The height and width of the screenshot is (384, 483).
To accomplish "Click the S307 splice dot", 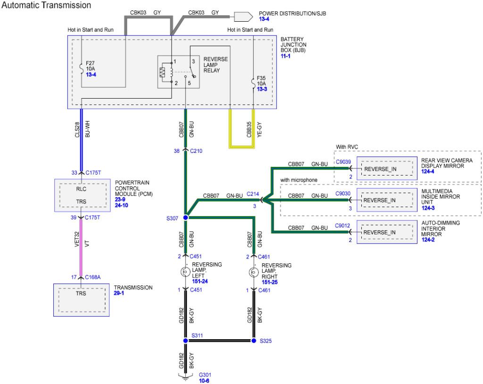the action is click(x=185, y=217).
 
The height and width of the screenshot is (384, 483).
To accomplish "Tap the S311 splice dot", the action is click(x=185, y=341).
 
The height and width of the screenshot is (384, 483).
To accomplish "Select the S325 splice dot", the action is click(x=254, y=341).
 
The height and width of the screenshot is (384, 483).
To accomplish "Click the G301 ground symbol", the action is click(x=185, y=377).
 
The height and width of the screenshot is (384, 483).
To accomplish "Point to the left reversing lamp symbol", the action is click(x=185, y=272).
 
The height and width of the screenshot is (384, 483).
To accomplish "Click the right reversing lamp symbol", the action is click(x=253, y=273).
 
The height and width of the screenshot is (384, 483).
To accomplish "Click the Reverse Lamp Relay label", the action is click(x=216, y=65).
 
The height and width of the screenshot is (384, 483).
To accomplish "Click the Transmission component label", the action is click(x=133, y=288).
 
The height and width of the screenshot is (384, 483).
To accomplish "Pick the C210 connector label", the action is click(x=196, y=151).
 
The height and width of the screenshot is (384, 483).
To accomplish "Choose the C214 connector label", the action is click(x=253, y=194).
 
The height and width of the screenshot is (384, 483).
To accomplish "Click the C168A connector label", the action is click(x=93, y=277).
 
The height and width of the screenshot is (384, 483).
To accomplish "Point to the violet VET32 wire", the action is click(x=81, y=248).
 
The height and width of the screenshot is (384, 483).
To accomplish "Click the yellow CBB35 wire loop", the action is click(x=242, y=147).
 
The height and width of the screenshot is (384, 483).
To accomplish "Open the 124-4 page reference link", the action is click(x=427, y=171).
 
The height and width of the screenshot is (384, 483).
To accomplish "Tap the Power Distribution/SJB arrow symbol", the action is click(x=243, y=17).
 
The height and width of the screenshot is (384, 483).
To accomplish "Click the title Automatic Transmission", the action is click(x=46, y=5).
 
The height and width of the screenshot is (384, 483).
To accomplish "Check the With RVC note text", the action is click(x=347, y=147).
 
